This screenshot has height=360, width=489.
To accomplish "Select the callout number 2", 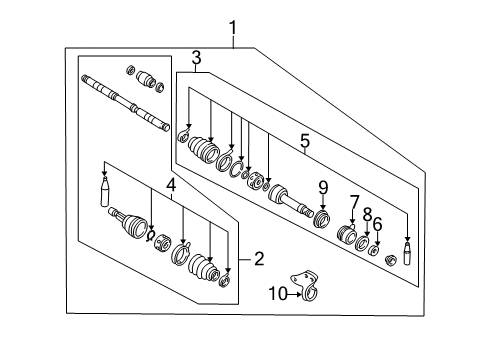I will (259, 259).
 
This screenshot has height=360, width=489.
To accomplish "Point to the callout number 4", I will (171, 185).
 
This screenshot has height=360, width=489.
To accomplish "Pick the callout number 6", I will (377, 224).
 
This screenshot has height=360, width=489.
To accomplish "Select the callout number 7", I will (354, 203).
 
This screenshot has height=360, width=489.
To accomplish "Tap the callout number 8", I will (366, 214).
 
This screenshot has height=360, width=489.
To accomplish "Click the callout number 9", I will (323, 186).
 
